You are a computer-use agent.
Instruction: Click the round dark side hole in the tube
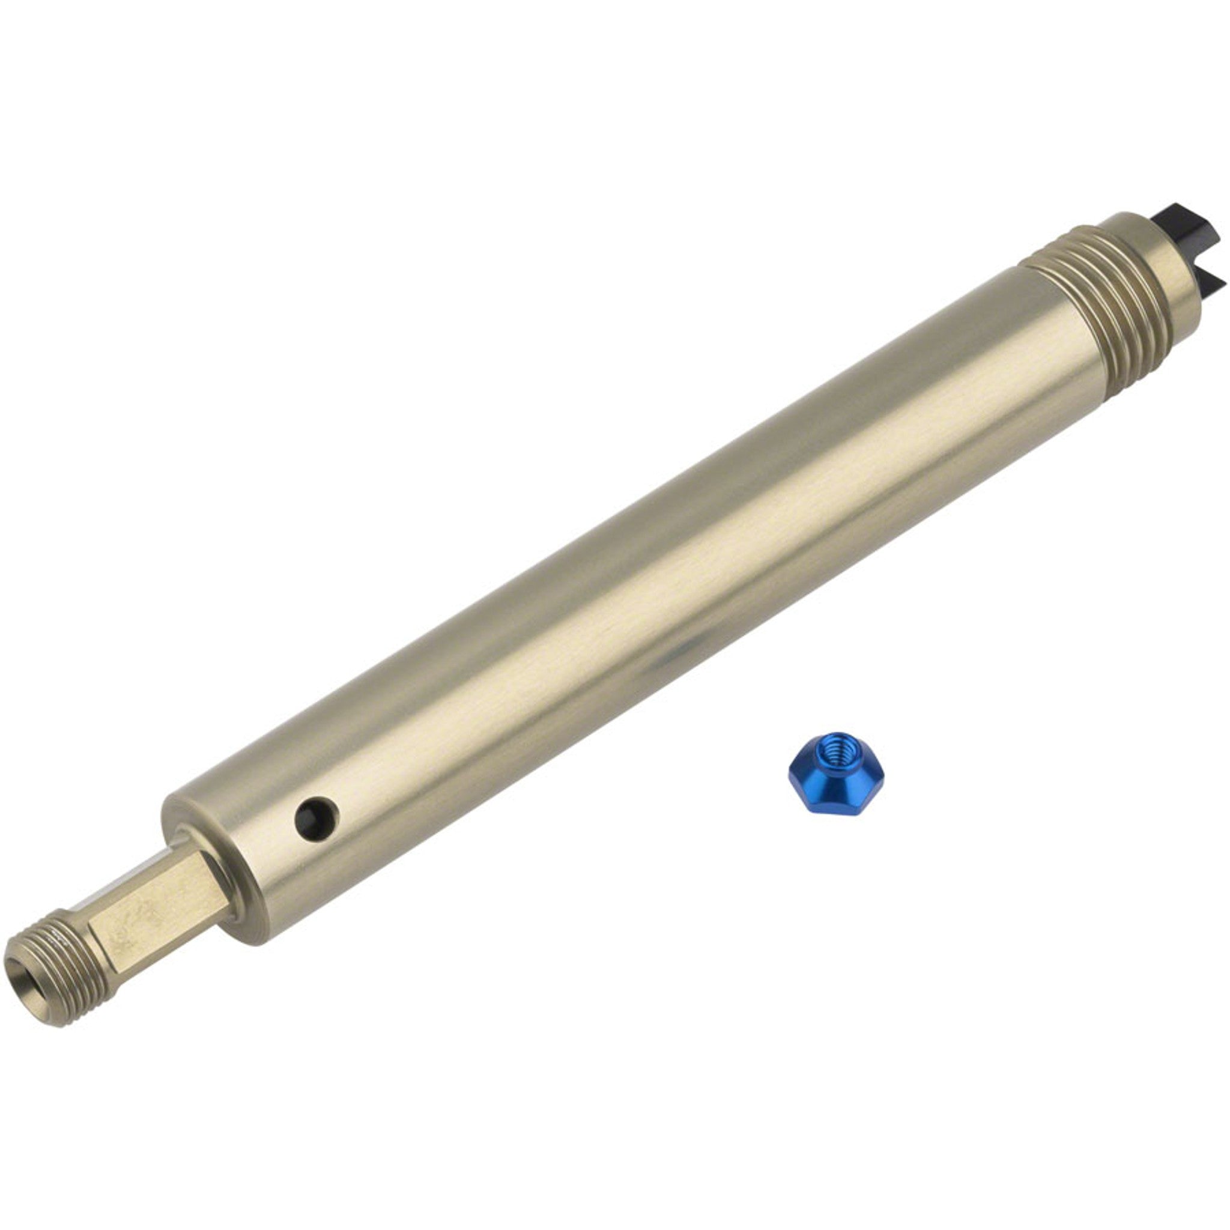pos(317,816)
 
